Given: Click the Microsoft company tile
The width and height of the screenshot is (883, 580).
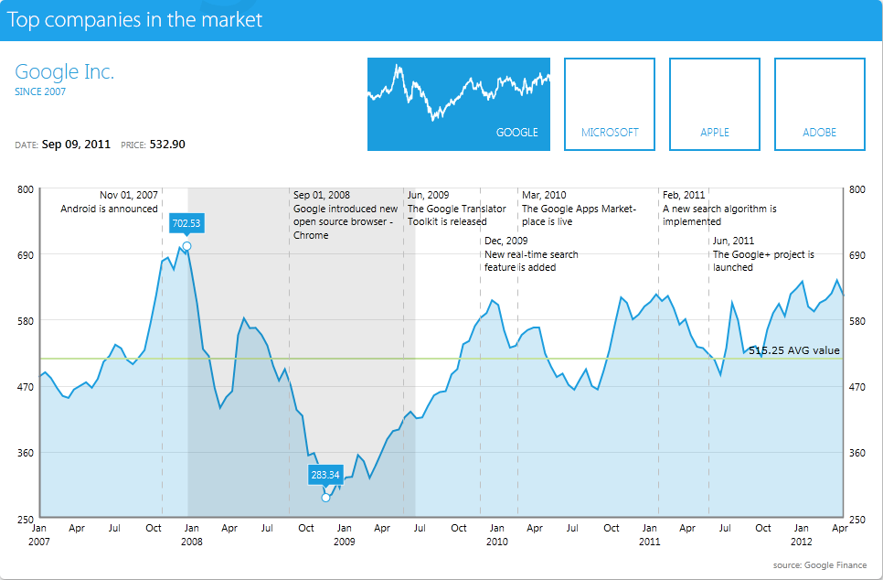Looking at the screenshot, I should (x=610, y=104).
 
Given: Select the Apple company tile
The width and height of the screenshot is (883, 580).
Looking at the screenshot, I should (x=715, y=104).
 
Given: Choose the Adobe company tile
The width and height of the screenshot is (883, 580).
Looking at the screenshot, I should (x=820, y=104).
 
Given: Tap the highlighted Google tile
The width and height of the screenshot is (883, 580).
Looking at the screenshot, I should (x=459, y=104).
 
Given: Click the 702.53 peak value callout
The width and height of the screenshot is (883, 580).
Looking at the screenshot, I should (x=186, y=222).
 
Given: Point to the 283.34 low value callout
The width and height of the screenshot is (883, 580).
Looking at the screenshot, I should (x=325, y=475).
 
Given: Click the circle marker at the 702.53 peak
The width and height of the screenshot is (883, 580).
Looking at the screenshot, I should (x=186, y=246).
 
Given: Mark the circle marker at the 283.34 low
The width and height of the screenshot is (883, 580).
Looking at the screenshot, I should (x=325, y=498).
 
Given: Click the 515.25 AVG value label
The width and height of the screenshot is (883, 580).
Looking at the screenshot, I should (x=793, y=350).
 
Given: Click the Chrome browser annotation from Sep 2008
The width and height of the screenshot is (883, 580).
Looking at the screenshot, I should (x=345, y=215).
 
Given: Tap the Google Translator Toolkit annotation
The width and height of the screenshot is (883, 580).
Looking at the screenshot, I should (x=456, y=209).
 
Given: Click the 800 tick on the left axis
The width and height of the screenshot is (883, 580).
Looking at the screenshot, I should (x=25, y=189).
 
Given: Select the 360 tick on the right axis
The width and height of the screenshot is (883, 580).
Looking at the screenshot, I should (x=856, y=452).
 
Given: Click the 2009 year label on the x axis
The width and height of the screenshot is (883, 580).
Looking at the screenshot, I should (x=344, y=542).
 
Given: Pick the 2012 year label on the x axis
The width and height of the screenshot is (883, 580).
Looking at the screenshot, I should (x=801, y=542).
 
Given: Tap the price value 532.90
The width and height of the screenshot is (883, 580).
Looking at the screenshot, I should (x=167, y=145).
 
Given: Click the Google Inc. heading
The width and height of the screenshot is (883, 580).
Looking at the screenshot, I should (x=65, y=72).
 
